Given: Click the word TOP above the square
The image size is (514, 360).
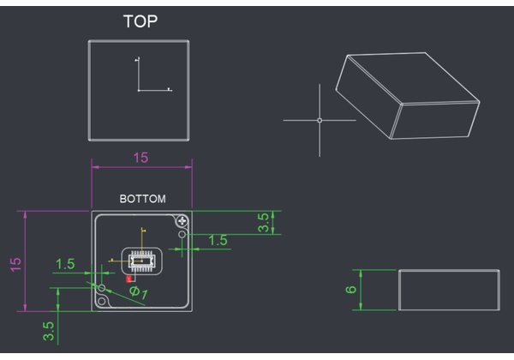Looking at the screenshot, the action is click(140, 21).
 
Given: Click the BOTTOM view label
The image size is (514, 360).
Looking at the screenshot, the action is click(142, 199).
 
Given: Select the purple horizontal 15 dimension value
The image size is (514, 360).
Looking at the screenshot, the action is click(140, 158).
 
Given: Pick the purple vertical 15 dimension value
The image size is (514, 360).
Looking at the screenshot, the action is click(15, 265).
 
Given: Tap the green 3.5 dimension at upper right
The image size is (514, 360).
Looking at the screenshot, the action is click(263, 223).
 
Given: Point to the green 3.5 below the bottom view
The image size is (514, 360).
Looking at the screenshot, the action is click(48, 331).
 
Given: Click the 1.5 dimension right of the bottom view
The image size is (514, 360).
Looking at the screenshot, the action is click(218, 240).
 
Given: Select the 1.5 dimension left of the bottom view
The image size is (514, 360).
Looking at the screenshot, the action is click(65, 264).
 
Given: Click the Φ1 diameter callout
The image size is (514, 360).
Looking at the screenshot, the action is click(139, 292).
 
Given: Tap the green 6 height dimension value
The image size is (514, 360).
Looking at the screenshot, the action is click(351, 289).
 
